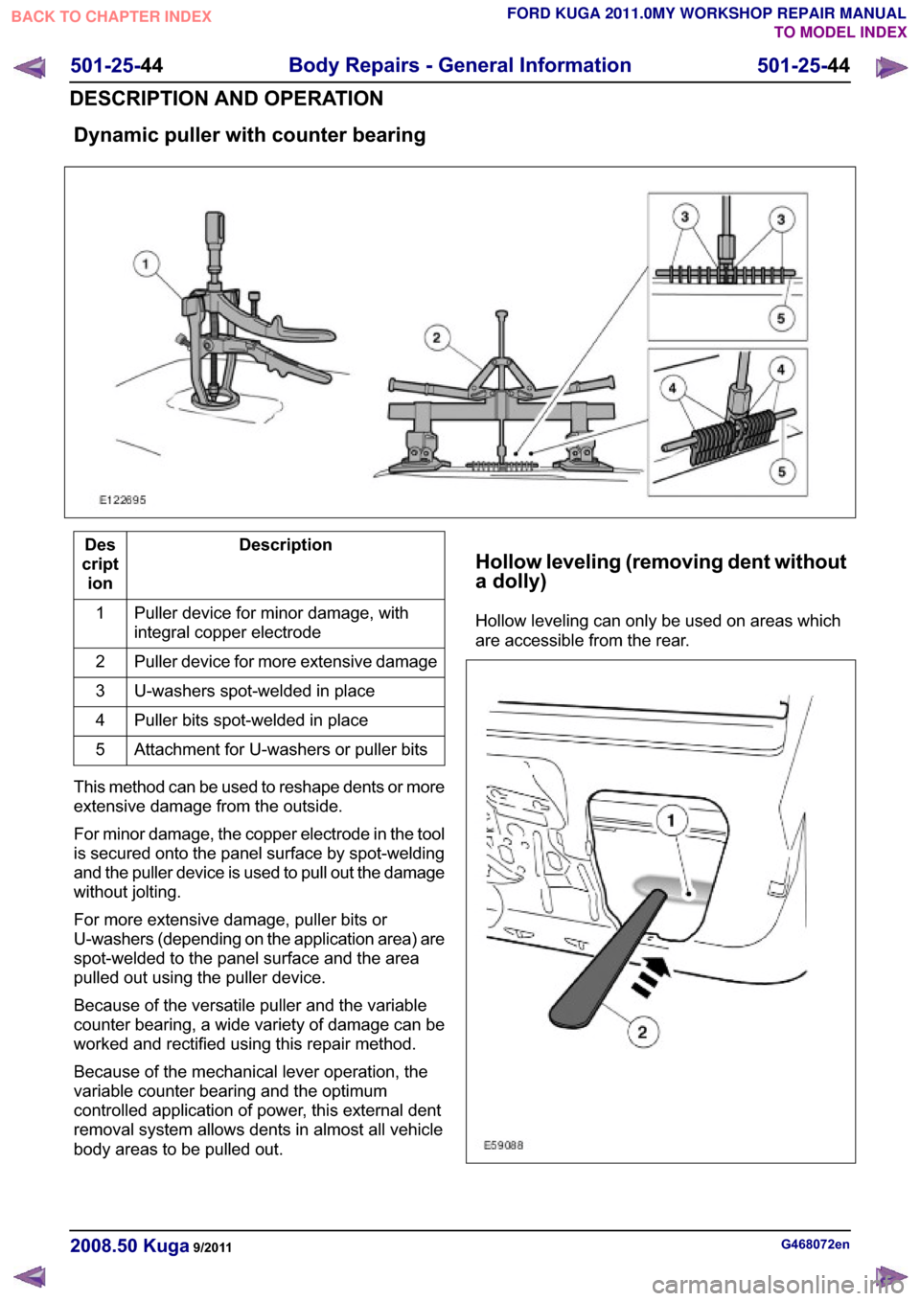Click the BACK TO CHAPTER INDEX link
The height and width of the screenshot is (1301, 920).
point(111,17)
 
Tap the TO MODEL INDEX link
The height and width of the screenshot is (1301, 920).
point(839,32)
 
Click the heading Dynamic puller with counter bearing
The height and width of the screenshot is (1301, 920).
point(250,135)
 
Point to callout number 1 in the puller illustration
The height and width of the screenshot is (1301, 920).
point(146,264)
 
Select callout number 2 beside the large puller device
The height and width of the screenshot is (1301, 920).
point(437,337)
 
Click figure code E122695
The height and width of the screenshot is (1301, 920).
point(123,499)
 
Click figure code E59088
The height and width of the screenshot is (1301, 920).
point(504,1145)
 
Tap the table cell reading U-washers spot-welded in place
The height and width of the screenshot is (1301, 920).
point(286,691)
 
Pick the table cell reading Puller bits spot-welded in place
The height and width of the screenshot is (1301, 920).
point(286,720)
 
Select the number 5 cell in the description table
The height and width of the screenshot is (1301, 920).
point(100,750)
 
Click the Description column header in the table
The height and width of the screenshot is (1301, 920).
point(286,545)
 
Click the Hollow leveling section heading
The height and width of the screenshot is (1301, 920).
point(661,571)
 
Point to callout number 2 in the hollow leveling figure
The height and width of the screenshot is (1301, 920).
point(642,1032)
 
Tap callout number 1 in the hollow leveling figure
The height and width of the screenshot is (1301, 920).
point(671,821)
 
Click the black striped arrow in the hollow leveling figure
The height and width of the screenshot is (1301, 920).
point(651,977)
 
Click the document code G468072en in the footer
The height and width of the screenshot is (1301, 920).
point(815,1244)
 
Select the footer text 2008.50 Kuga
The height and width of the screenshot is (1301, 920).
point(129,1246)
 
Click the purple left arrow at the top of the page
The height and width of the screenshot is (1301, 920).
point(30,68)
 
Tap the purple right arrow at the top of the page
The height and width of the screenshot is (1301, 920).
point(890,68)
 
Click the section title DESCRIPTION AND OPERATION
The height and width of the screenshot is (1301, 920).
point(226,99)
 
